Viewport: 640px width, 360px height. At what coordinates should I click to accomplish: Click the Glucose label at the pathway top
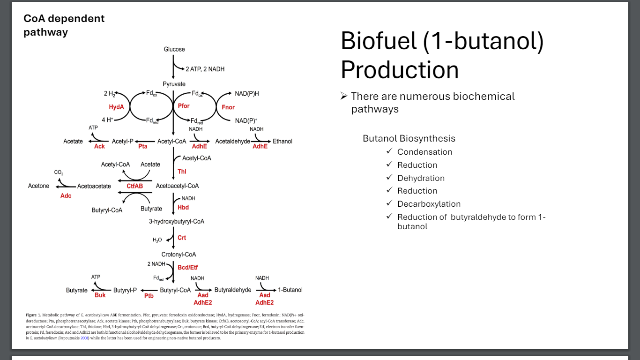point(174,49)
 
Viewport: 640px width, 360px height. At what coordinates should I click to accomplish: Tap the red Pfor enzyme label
point(184,106)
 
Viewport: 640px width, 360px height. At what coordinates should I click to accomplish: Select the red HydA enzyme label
point(116,107)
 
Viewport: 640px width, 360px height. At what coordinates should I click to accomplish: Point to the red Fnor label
point(228,107)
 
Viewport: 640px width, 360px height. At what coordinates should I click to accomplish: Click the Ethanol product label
point(283,141)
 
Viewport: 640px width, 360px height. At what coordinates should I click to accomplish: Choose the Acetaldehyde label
point(232,141)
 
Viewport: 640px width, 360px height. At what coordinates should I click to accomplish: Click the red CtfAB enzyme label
point(135,186)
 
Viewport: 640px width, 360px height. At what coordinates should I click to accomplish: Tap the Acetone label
point(38,186)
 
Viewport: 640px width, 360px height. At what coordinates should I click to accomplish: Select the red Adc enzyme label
point(66,195)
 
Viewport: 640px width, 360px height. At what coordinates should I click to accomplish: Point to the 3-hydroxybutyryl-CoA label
point(177,221)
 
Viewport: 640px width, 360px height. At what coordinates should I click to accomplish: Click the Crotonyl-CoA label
point(179,255)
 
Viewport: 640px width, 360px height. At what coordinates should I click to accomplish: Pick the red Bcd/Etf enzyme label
point(187,267)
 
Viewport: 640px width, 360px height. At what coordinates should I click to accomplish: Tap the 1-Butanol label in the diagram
point(290,290)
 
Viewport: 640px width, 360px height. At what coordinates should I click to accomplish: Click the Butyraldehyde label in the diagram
point(233,290)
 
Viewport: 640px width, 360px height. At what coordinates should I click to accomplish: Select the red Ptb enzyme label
point(149,296)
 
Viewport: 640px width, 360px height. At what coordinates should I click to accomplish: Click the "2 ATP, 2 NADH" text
point(205,69)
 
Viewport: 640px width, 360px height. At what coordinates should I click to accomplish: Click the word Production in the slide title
point(400,70)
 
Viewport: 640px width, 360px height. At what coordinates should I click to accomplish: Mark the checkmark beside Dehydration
point(389,178)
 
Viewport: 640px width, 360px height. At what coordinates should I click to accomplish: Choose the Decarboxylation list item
point(429,204)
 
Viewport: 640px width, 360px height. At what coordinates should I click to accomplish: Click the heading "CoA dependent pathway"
point(64,25)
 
